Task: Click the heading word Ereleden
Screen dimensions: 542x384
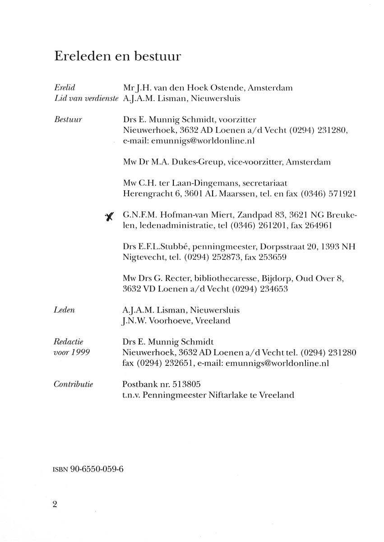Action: (x=81, y=56)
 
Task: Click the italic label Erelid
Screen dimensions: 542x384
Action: (x=63, y=88)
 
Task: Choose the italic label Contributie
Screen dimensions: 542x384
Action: (x=73, y=384)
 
